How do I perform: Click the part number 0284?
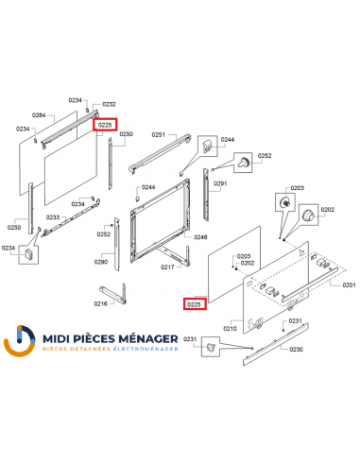(x=39, y=114)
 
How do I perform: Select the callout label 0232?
(x=109, y=104)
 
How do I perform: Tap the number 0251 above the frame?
(x=159, y=135)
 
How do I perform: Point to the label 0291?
(x=220, y=183)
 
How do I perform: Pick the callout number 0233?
(x=54, y=217)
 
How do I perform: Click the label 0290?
(x=101, y=261)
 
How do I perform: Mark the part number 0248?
(x=200, y=237)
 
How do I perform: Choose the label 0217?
(x=167, y=267)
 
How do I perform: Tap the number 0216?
(x=101, y=305)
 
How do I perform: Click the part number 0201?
(x=349, y=284)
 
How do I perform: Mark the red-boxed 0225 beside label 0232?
(x=106, y=124)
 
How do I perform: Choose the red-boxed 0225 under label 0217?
(x=194, y=303)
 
